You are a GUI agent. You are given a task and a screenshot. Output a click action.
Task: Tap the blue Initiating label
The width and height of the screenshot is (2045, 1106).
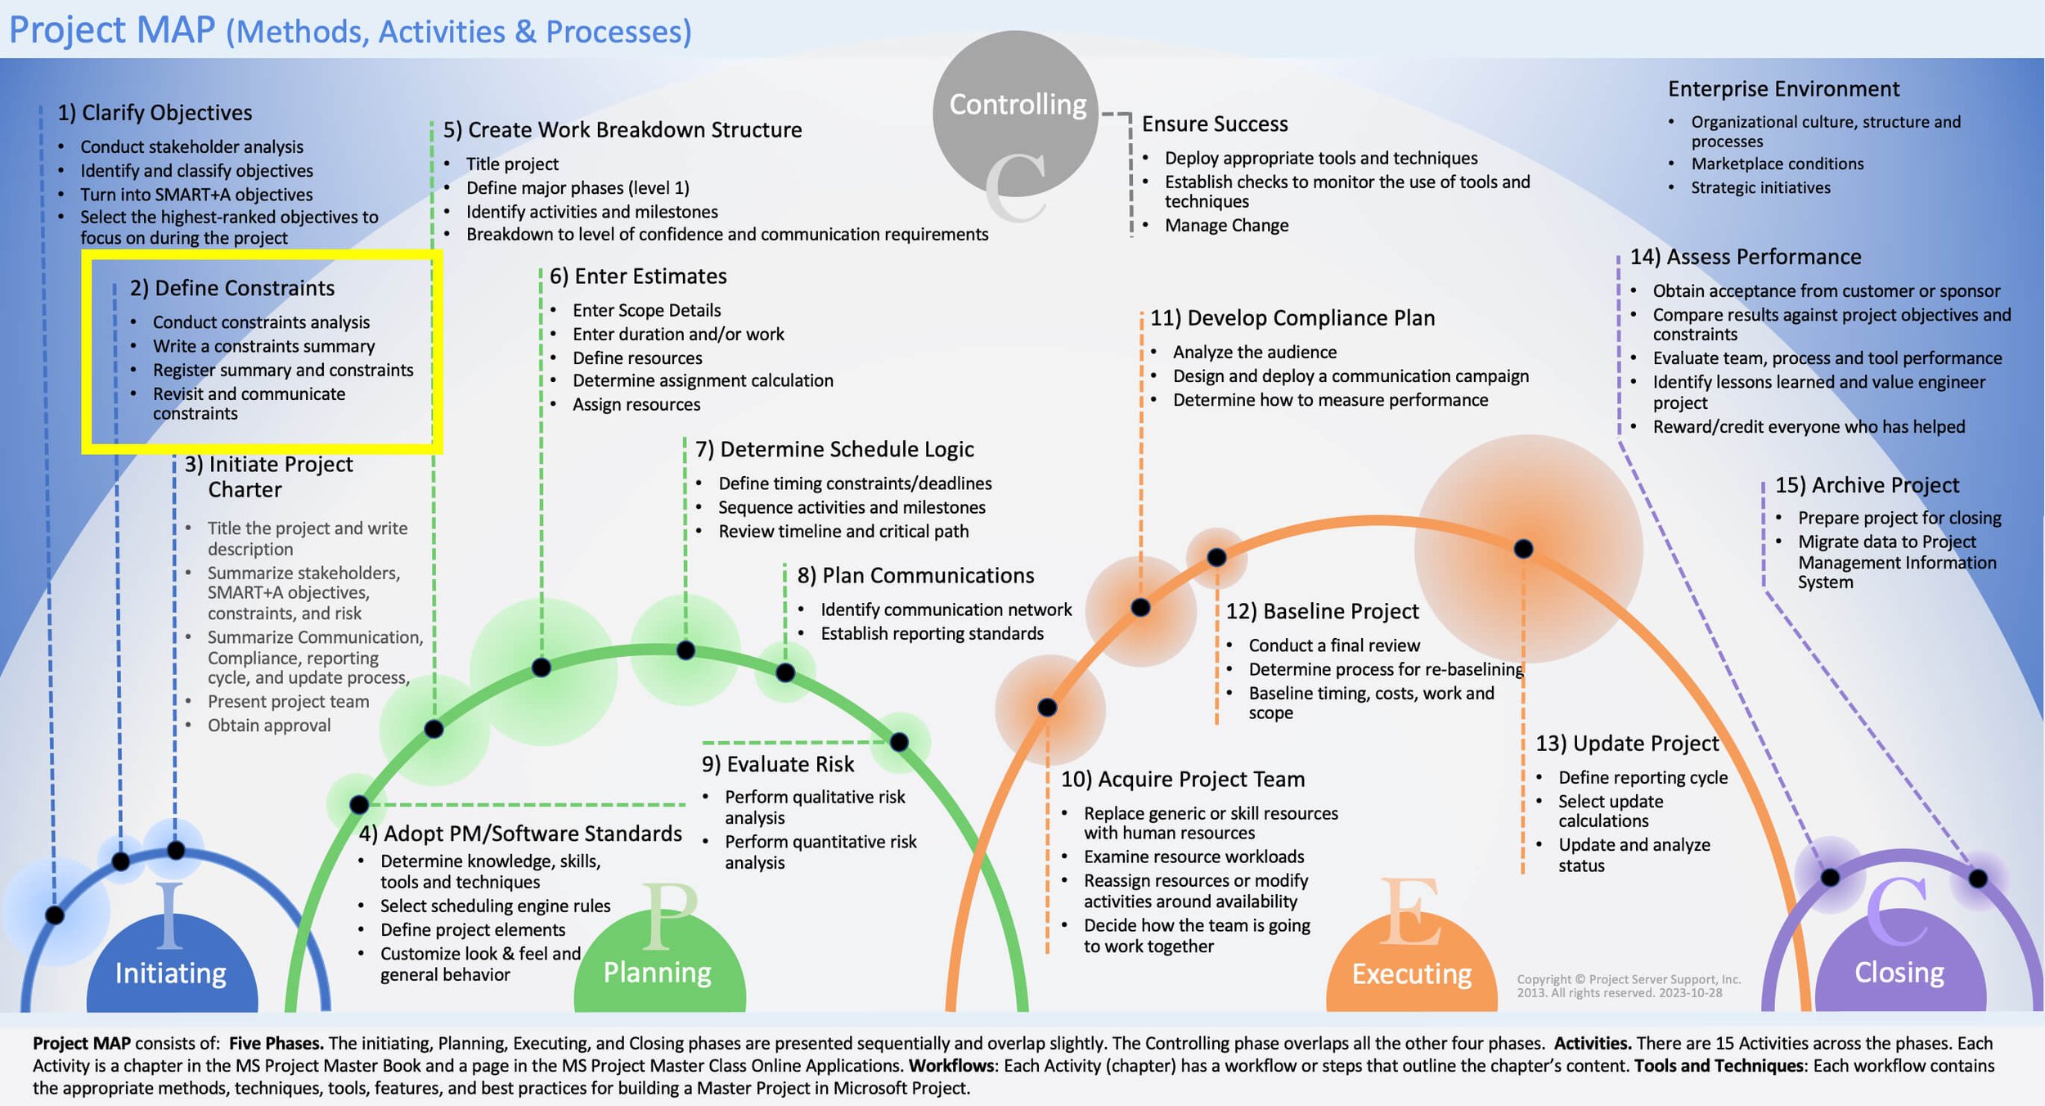pyautogui.click(x=170, y=973)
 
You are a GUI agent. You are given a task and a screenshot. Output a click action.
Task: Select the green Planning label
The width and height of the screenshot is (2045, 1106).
pyautogui.click(x=657, y=973)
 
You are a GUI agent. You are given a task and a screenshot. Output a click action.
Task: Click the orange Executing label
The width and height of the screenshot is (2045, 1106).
pyautogui.click(x=1411, y=974)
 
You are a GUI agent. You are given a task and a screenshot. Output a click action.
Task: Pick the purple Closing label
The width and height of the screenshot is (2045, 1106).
pyautogui.click(x=1899, y=973)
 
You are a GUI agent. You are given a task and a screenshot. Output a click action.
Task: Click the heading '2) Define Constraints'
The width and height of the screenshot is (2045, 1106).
pyautogui.click(x=231, y=289)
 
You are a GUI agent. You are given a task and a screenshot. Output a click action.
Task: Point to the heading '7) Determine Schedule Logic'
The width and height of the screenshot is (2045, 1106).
pyautogui.click(x=834, y=450)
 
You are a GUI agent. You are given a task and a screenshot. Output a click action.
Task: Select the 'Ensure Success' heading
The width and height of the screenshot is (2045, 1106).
pyautogui.click(x=1215, y=124)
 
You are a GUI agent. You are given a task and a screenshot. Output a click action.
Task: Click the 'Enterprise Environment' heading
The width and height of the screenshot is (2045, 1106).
pyautogui.click(x=1783, y=89)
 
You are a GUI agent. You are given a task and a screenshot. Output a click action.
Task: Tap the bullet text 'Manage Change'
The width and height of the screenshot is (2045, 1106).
pyautogui.click(x=1226, y=226)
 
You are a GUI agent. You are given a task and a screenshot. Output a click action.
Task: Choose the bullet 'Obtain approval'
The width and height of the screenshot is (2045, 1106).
pyautogui.click(x=269, y=726)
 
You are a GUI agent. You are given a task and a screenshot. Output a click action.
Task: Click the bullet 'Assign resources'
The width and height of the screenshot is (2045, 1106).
pyautogui.click(x=636, y=405)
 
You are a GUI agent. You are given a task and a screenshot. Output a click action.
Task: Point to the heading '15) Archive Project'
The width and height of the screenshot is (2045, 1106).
pyautogui.click(x=1867, y=486)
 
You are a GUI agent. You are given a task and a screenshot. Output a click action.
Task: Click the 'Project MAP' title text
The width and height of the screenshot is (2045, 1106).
pyautogui.click(x=112, y=30)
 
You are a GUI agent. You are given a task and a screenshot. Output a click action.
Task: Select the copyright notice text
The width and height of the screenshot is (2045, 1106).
pyautogui.click(x=1628, y=987)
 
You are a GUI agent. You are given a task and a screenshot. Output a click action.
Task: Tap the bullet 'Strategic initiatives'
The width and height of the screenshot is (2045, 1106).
pyautogui.click(x=1760, y=188)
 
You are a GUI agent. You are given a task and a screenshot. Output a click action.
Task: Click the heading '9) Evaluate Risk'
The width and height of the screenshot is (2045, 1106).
pyautogui.click(x=777, y=765)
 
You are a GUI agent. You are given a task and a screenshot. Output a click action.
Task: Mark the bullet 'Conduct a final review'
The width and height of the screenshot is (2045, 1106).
pyautogui.click(x=1334, y=646)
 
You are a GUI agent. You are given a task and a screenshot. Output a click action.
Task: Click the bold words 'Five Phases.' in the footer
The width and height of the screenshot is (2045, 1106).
pyautogui.click(x=276, y=1044)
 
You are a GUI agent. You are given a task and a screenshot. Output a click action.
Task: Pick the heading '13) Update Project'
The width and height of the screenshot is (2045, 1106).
pyautogui.click(x=1627, y=744)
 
